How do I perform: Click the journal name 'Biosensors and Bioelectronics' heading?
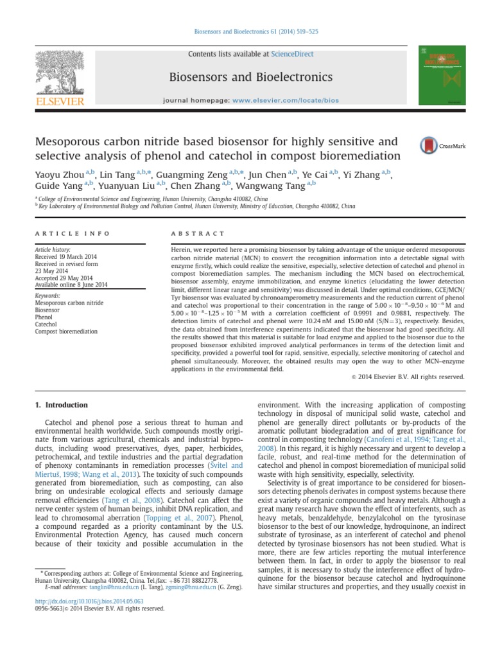241,78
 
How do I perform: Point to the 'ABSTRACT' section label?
198,233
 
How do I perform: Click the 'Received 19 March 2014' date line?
64,256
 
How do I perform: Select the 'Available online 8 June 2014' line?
71,284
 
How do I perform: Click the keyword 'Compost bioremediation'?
67,332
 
